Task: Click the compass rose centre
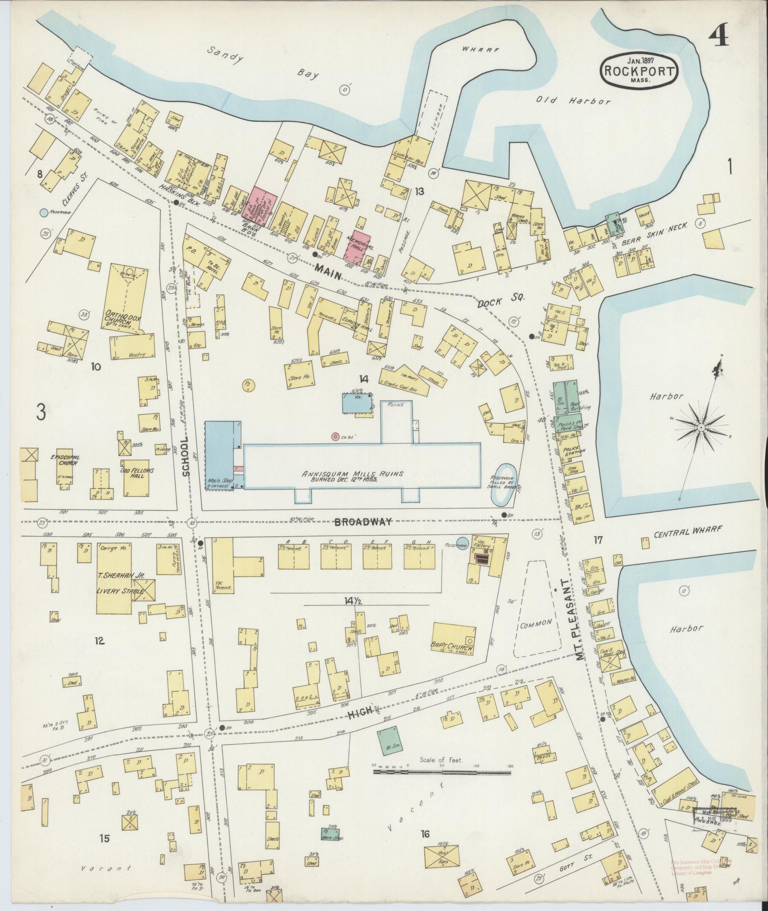701,429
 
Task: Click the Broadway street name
363,522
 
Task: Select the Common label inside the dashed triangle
536,622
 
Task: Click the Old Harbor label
573,101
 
